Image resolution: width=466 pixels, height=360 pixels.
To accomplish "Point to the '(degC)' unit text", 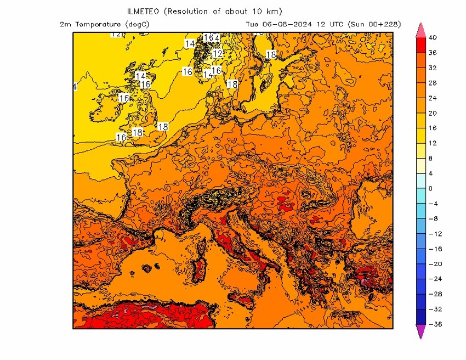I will click(x=137, y=24).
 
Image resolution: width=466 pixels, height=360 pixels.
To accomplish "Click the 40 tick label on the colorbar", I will click(x=433, y=38).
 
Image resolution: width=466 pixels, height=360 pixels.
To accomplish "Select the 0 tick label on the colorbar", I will click(x=430, y=189).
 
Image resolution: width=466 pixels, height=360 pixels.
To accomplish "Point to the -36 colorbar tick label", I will click(x=434, y=324).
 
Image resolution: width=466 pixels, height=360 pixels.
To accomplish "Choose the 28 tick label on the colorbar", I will click(x=433, y=83).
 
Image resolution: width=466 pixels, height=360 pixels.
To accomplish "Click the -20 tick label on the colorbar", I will click(x=434, y=264).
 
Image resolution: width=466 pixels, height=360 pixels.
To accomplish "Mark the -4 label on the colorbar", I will click(x=433, y=204).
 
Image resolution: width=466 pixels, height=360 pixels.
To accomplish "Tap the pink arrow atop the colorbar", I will click(x=421, y=30).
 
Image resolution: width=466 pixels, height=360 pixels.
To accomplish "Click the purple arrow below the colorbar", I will click(x=421, y=331).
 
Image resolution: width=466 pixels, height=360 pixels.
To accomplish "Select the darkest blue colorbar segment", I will click(x=421, y=317).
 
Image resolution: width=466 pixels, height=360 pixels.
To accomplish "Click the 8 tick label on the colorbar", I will click(x=430, y=159).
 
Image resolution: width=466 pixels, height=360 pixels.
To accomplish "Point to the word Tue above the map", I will click(x=252, y=24).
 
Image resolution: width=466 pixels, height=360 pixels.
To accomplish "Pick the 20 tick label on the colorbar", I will click(x=433, y=113).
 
